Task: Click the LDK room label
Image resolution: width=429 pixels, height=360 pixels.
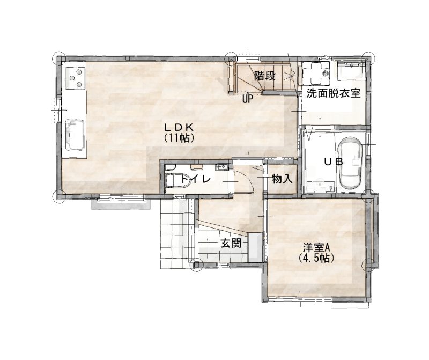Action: click(179, 127)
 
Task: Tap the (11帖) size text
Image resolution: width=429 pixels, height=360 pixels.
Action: click(179, 138)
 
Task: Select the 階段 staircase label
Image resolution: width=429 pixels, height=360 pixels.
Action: click(264, 76)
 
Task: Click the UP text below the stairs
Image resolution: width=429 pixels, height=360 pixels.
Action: click(248, 99)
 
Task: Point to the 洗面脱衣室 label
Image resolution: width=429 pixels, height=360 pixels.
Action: click(333, 94)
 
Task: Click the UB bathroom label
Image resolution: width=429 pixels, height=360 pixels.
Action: click(333, 162)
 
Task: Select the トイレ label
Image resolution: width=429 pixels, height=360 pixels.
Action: click(196, 179)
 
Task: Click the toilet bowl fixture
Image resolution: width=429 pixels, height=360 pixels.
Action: click(178, 180)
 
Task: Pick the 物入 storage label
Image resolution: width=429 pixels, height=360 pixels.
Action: click(282, 180)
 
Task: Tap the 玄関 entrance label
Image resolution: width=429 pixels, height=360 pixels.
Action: click(231, 243)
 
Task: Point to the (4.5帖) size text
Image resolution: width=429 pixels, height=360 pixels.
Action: click(316, 258)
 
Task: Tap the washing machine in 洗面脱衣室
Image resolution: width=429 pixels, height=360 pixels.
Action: click(316, 73)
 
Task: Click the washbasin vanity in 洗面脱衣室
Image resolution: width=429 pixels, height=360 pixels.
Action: click(352, 71)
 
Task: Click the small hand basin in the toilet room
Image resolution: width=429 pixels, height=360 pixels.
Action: click(221, 167)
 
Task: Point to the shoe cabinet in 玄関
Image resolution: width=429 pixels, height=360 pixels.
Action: click(254, 247)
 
